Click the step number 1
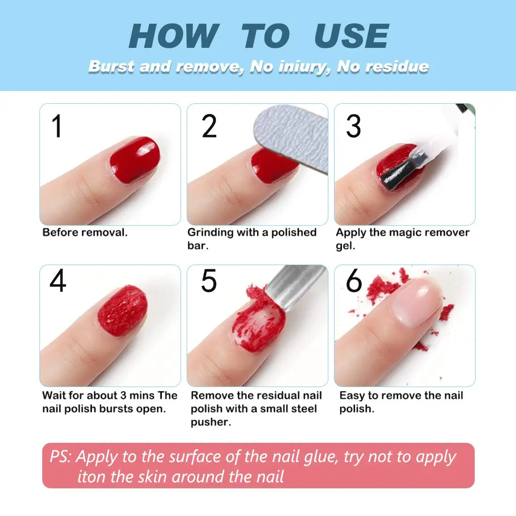point(57,127)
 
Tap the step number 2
point(209,127)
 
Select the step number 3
point(353,127)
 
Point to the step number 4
point(58,281)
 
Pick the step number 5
point(209,281)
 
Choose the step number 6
point(354,281)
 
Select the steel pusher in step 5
point(291,286)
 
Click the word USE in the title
point(351,37)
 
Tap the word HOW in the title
point(174,37)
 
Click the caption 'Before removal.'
point(85,233)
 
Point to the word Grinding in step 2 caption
point(210,233)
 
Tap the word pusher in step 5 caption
point(211,422)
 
